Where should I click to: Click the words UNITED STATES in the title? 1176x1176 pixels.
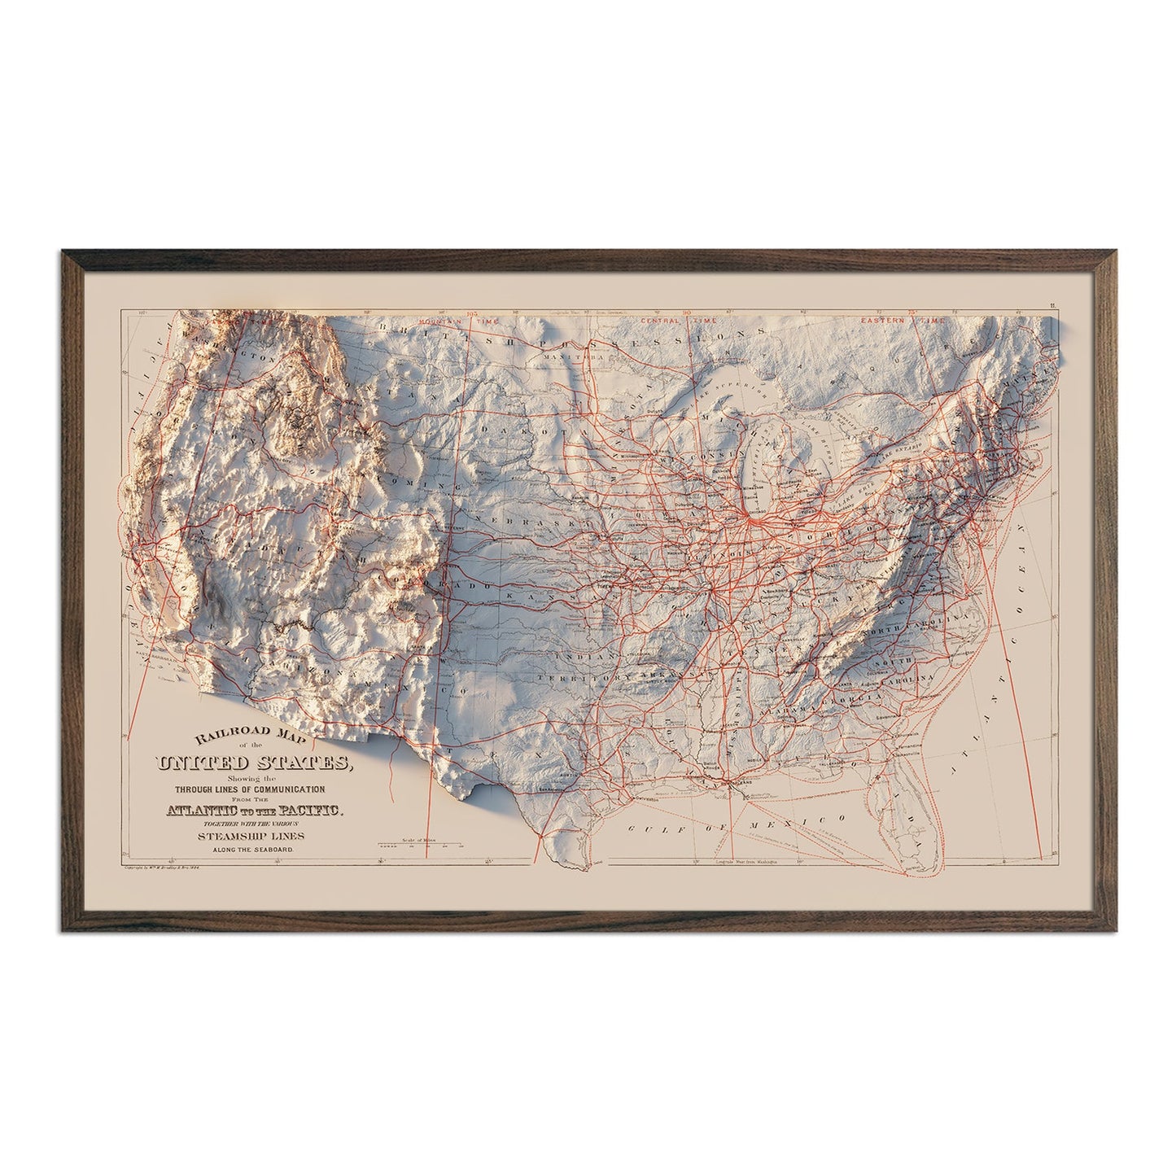pos(253,764)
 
